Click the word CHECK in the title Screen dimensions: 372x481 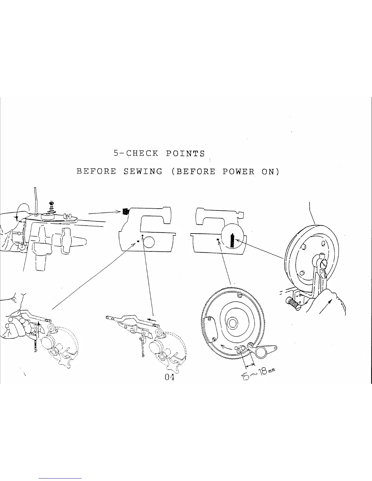(142, 153)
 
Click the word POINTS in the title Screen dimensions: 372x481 (185, 153)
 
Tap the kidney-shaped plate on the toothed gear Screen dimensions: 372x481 (210, 329)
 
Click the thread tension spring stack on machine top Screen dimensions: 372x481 (51, 206)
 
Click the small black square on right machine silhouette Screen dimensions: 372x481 (218, 240)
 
